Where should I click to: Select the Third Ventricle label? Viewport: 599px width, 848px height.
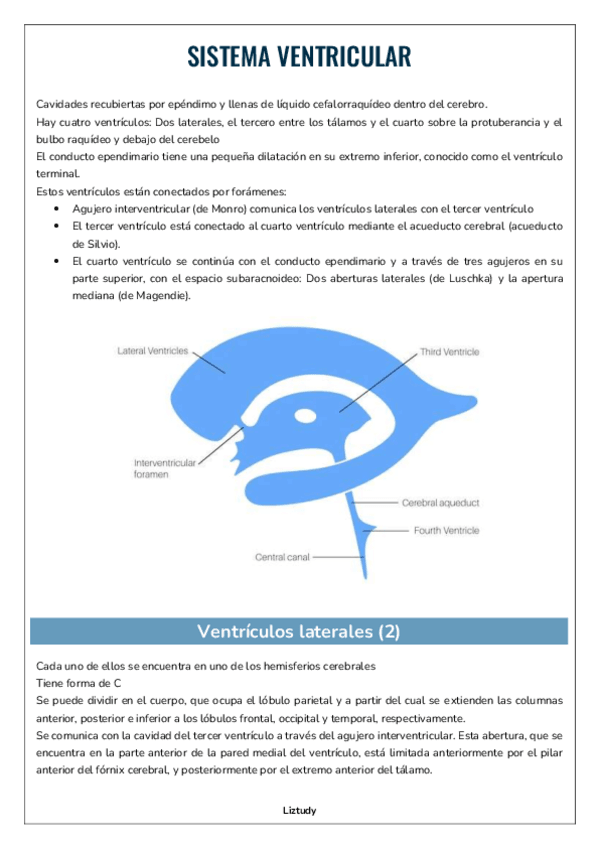point(449,352)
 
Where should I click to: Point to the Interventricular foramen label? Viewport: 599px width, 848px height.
point(161,469)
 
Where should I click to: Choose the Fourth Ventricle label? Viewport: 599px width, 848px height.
point(446,530)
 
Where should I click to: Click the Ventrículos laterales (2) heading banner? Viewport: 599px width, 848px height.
point(298,631)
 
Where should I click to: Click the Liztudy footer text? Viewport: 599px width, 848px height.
point(299,810)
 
